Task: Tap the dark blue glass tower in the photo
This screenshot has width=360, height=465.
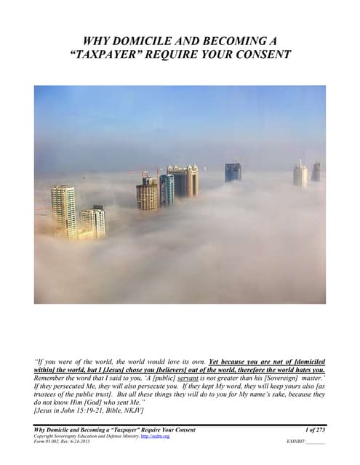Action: (233, 172)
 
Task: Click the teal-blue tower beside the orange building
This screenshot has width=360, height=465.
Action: (167, 190)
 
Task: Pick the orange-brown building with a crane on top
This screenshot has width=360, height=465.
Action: (147, 193)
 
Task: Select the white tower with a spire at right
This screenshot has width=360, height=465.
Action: (300, 174)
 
